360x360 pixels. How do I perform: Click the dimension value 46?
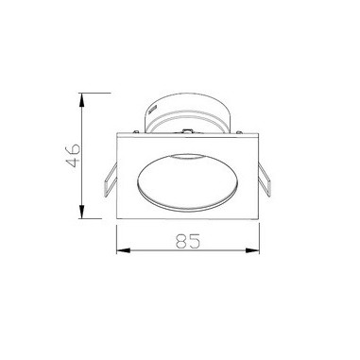(x=73, y=155)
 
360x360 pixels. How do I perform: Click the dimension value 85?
(x=188, y=241)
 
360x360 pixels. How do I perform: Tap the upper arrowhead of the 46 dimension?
(x=82, y=100)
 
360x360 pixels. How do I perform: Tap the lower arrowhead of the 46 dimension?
(x=82, y=212)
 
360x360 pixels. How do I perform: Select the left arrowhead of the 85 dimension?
(x=124, y=250)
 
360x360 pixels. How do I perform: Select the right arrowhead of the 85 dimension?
(x=252, y=250)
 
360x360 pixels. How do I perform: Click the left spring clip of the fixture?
(x=111, y=180)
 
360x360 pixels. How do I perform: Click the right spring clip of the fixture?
(x=265, y=180)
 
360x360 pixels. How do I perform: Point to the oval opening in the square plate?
(x=188, y=181)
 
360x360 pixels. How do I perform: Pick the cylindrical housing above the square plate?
(x=188, y=112)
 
